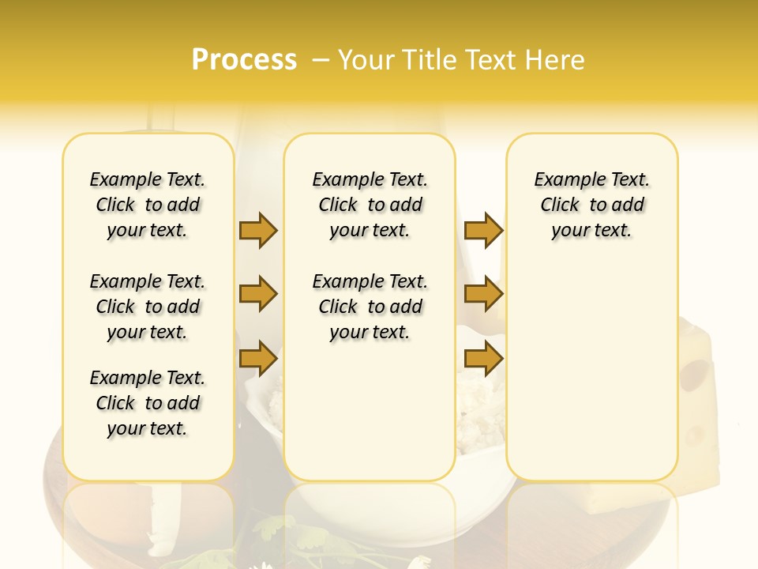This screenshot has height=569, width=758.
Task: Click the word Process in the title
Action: [x=244, y=60]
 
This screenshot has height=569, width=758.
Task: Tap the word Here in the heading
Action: [x=556, y=60]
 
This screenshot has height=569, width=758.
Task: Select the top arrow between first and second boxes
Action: [x=258, y=230]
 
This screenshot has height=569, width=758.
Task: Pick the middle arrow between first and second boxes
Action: [x=258, y=294]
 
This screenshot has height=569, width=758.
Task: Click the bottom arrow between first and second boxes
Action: [x=258, y=359]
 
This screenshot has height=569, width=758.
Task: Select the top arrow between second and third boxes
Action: [x=483, y=230]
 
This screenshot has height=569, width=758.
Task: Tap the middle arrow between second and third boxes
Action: [x=483, y=294]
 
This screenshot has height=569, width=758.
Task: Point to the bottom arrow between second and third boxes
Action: [x=483, y=359]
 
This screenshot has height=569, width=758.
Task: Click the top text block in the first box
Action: [x=148, y=205]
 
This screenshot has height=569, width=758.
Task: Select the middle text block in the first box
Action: [x=148, y=307]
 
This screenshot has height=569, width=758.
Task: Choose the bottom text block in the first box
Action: [x=148, y=403]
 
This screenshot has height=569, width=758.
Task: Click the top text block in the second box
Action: [x=370, y=205]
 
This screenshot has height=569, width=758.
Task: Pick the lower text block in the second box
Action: [x=370, y=307]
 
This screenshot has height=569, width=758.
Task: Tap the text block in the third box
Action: [x=592, y=205]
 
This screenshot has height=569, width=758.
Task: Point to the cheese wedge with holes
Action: [x=699, y=411]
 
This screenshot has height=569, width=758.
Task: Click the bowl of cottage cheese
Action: [x=482, y=419]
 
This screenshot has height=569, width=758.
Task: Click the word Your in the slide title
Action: [x=366, y=60]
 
